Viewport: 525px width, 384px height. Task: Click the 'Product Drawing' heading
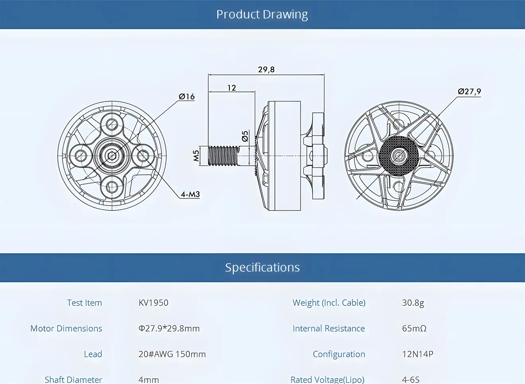coord(262,15)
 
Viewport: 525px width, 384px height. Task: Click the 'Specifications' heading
coord(262,267)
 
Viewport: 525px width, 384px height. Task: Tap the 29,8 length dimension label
coord(266,69)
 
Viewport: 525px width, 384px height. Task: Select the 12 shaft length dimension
coord(231,88)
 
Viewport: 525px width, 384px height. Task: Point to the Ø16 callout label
coord(187,96)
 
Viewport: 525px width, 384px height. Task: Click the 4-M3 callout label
coord(190,194)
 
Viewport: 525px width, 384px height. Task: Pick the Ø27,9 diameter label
coord(469,92)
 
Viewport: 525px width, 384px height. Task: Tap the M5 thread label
coord(196,156)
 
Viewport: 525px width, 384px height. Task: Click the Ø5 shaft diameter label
coord(245,136)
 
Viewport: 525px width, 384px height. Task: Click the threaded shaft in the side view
coord(224,156)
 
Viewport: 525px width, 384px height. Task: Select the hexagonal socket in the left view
coord(112,156)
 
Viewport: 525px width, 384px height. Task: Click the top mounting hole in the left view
coord(112,124)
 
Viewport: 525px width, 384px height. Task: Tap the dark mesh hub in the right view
coord(399,156)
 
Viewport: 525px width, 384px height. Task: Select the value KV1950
coord(154,303)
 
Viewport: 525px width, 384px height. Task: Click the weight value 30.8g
coord(413,303)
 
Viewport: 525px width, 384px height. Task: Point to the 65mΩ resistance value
coord(414,328)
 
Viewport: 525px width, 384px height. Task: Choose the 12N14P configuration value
coord(418,354)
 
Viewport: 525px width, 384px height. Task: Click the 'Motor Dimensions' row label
coord(66,328)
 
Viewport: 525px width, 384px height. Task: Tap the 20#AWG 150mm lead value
coord(172,354)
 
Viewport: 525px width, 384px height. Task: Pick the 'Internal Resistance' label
coord(329,328)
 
